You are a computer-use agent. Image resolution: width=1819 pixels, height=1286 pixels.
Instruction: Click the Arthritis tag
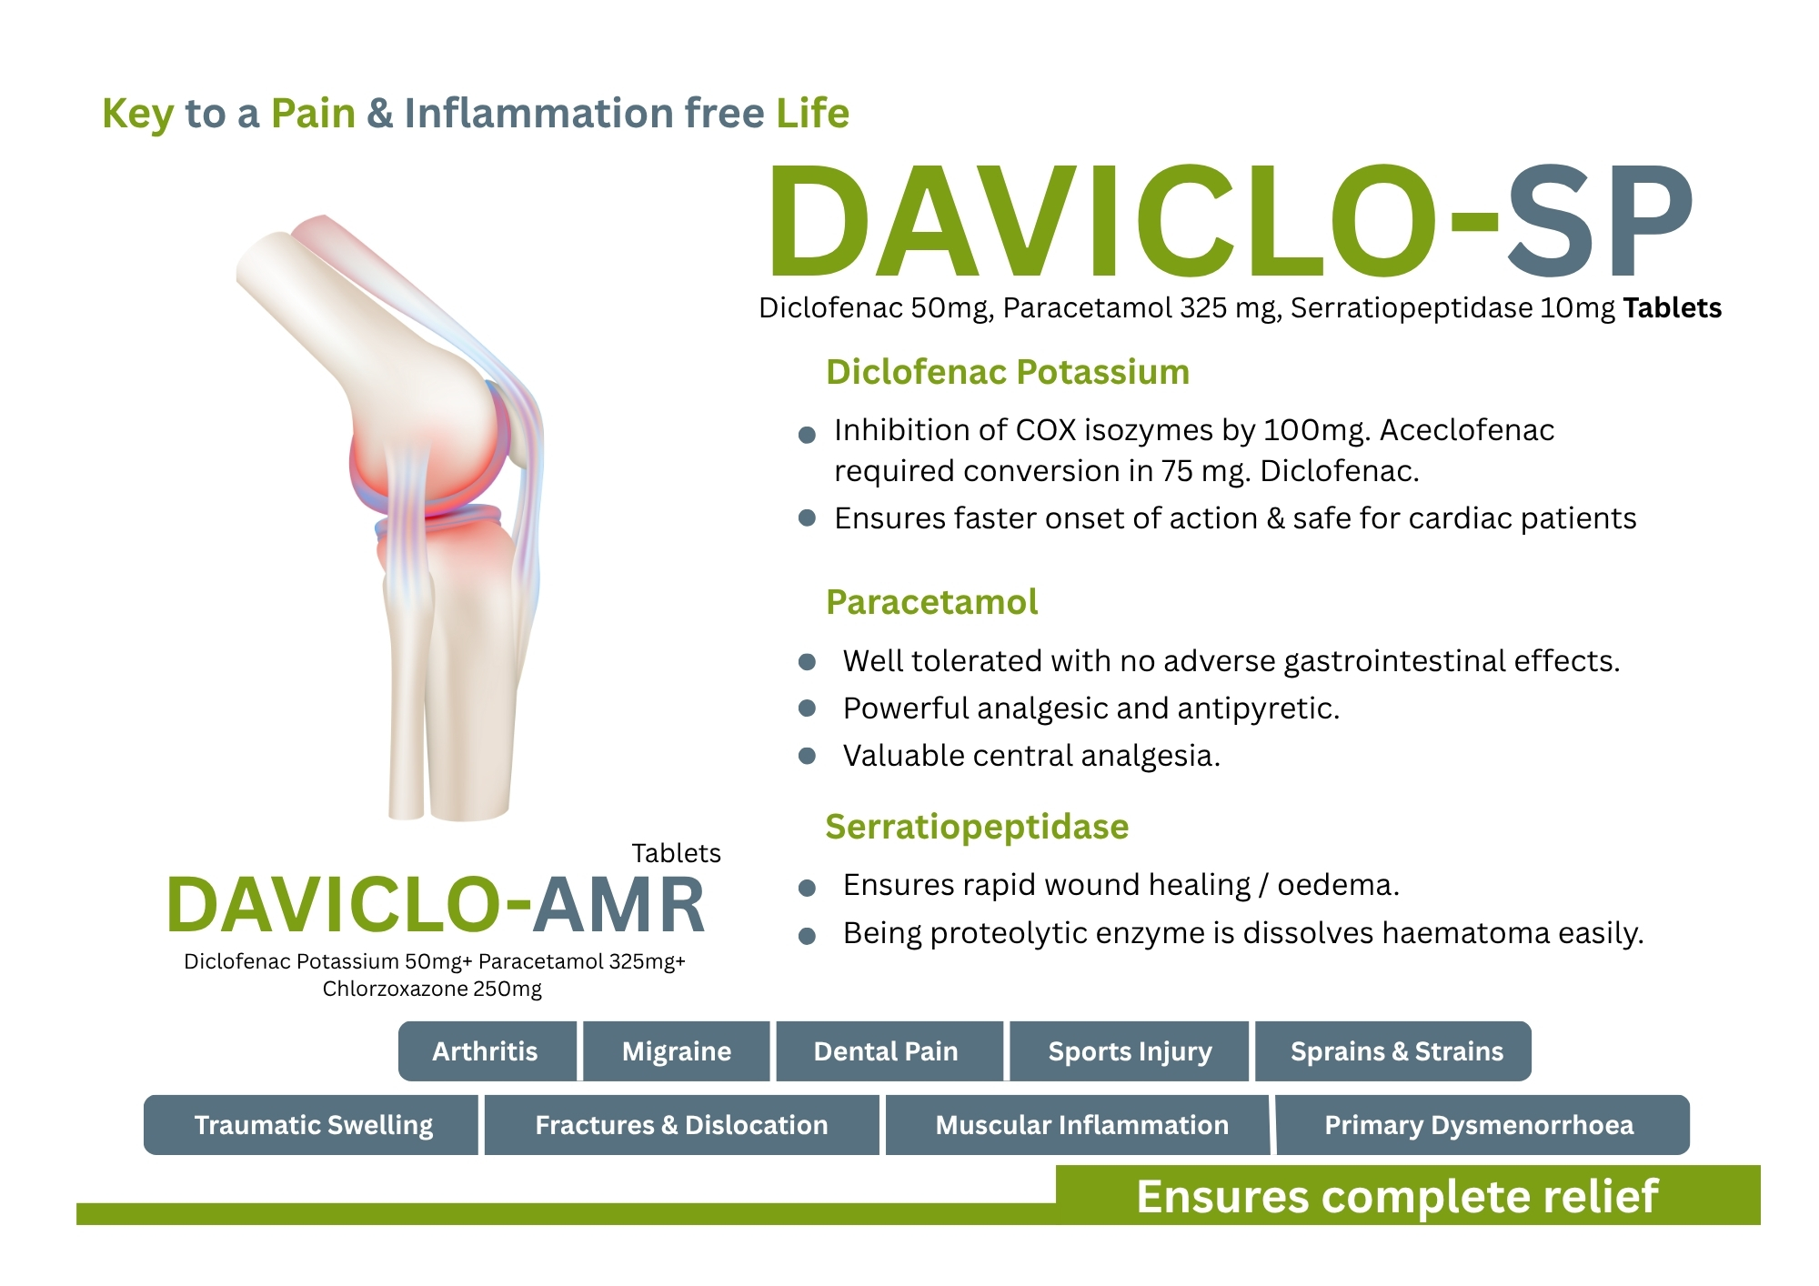pos(487,1051)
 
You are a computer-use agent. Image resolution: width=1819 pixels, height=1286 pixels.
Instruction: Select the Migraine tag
pos(677,1051)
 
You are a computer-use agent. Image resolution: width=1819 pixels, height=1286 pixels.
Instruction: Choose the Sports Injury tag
pos(1129,1051)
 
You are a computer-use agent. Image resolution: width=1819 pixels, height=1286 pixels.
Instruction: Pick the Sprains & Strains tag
pos(1393,1051)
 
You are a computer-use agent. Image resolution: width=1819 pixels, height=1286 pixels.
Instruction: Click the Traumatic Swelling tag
pos(311,1125)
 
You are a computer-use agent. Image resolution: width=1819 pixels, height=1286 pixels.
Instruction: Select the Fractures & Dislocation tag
pos(682,1125)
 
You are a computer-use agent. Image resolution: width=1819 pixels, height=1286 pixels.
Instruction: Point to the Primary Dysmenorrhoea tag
pos(1482,1125)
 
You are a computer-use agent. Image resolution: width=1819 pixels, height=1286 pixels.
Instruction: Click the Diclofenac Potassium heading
pos(1008,372)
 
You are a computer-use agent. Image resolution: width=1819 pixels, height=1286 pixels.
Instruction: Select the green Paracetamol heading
pos(931,602)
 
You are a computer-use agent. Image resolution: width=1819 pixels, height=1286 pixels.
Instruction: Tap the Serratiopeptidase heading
pos(977,827)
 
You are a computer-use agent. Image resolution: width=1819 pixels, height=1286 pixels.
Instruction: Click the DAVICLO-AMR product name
pos(436,905)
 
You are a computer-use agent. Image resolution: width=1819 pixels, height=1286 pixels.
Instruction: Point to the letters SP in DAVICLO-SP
pos(1602,221)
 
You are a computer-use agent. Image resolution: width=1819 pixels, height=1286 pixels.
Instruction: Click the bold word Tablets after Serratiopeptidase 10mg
pos(1673,308)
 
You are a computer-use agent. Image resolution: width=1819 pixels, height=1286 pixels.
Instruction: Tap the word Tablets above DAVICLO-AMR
pos(676,853)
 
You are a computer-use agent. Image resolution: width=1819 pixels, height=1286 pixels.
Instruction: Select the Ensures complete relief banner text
pos(1398,1196)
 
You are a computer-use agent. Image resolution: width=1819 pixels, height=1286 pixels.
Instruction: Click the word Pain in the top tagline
pos(313,114)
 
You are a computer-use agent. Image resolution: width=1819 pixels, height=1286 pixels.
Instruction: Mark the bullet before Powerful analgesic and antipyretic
pos(807,708)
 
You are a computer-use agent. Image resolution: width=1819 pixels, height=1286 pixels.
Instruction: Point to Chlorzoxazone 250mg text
pos(432,989)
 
